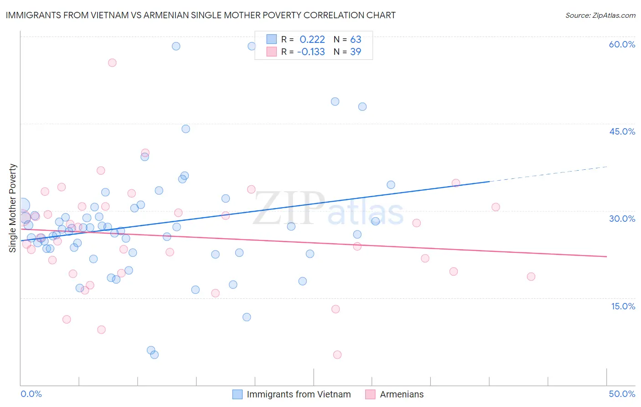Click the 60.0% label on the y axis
click(x=622, y=44)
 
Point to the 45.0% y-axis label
click(x=622, y=131)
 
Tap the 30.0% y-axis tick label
click(x=622, y=219)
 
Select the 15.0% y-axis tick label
click(x=623, y=306)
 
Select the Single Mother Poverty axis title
click(x=13, y=208)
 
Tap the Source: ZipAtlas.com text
click(x=600, y=16)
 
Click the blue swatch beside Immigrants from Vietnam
click(x=238, y=394)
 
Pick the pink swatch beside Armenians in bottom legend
click(x=370, y=394)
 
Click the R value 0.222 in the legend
click(x=312, y=40)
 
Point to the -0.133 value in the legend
click(x=311, y=52)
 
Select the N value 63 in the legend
click(x=356, y=40)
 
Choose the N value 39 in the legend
click(x=356, y=52)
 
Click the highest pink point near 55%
click(x=112, y=63)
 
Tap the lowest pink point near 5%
click(x=337, y=355)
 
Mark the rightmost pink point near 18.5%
click(x=531, y=277)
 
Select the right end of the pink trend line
click(x=606, y=256)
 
